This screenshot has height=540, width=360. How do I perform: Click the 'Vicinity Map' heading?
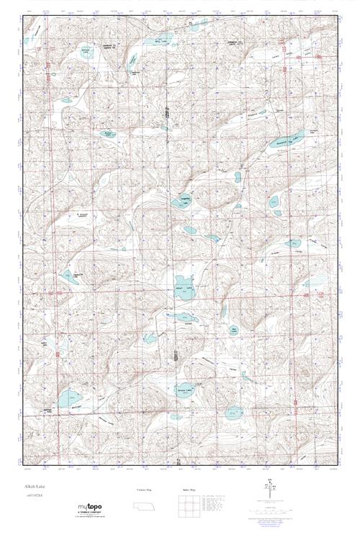[145, 489]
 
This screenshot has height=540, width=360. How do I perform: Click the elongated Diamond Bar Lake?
[287, 140]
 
